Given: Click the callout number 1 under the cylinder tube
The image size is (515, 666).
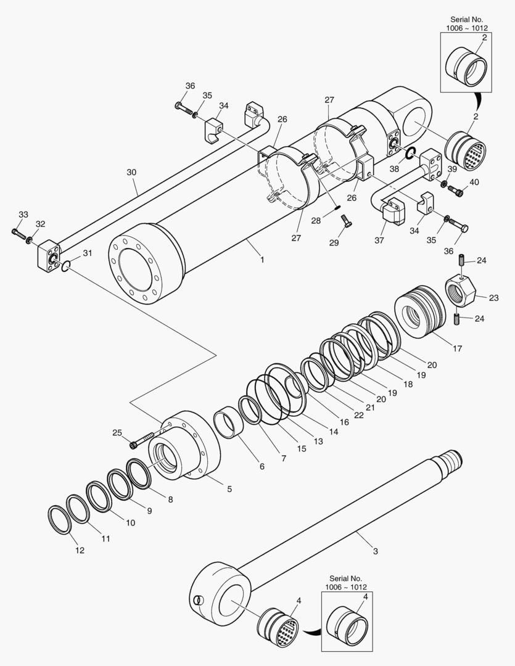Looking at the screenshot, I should tap(262, 260).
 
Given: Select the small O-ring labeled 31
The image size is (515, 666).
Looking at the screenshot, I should tap(66, 266).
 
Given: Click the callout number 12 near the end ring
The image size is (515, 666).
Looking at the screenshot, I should tap(80, 551).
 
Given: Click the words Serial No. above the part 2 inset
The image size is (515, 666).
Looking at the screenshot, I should tap(469, 20).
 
